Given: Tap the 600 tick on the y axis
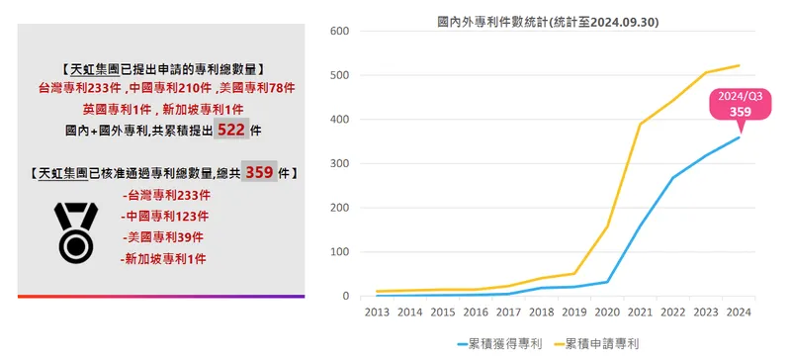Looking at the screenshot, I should [337, 31].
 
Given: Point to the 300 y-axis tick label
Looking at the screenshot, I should [337, 163].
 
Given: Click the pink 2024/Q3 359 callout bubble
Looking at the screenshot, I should [741, 106].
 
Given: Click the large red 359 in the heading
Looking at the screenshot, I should [259, 172].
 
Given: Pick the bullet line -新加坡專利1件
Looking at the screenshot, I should [161, 259].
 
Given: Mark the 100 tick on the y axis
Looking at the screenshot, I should [337, 252].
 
